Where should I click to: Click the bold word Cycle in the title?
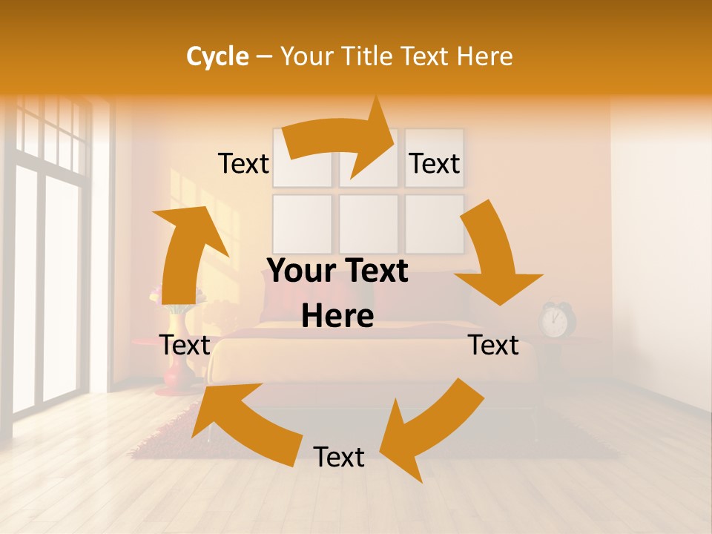[x=217, y=56]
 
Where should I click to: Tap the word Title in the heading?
[x=369, y=56]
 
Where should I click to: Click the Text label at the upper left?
[x=243, y=164]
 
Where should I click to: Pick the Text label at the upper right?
[x=435, y=164]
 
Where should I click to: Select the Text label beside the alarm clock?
[x=493, y=345]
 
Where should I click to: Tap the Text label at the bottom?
[x=339, y=457]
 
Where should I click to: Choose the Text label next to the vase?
[x=185, y=345]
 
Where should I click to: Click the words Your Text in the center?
[x=337, y=271]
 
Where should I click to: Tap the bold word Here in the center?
[x=337, y=317]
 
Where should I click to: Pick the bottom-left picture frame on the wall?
[x=302, y=222]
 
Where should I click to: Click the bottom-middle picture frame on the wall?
[x=369, y=222]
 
